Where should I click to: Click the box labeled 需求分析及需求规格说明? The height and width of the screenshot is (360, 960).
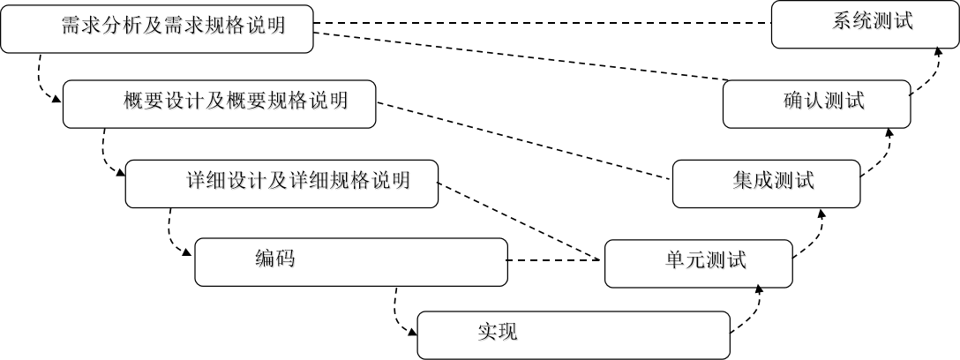click(x=157, y=29)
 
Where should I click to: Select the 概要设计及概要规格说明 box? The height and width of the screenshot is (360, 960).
click(x=219, y=104)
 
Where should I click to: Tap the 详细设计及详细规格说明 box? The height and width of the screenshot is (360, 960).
click(x=281, y=184)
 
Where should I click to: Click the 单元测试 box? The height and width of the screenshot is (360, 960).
click(x=698, y=264)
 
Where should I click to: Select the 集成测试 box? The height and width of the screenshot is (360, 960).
click(x=766, y=184)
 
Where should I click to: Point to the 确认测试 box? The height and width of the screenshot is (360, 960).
click(x=816, y=104)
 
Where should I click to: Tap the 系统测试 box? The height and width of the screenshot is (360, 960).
click(x=864, y=25)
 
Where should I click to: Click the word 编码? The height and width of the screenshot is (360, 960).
click(x=275, y=259)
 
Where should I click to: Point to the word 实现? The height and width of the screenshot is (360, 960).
click(x=498, y=332)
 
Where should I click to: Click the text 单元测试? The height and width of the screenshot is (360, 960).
click(x=706, y=260)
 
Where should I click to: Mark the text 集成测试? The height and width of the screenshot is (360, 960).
click(x=773, y=181)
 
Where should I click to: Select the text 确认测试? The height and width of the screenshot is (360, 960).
click(x=824, y=101)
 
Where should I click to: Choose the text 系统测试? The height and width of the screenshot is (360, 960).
click(x=873, y=22)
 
